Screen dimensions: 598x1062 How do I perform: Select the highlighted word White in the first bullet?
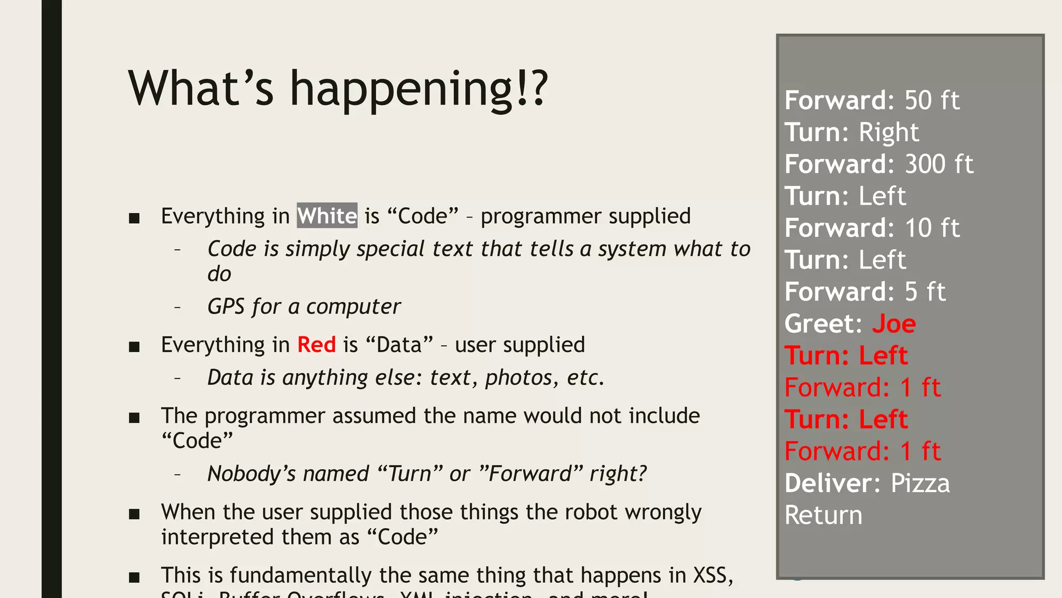point(327,216)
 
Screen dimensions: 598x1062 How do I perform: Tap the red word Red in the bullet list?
point(316,345)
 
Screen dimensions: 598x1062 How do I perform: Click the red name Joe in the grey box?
point(894,324)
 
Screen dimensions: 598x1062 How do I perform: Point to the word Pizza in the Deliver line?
point(920,483)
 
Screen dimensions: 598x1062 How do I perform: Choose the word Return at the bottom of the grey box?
point(823,515)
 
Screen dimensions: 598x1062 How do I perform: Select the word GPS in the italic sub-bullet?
point(226,307)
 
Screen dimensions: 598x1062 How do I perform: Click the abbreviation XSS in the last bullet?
point(713,576)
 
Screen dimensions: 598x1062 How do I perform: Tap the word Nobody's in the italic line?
point(251,474)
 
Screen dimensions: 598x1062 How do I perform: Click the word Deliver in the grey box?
point(828,483)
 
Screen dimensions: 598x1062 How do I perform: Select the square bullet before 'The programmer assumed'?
point(134,417)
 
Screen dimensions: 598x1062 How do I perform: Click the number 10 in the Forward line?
point(918,228)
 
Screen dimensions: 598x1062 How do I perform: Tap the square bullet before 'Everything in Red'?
point(134,346)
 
